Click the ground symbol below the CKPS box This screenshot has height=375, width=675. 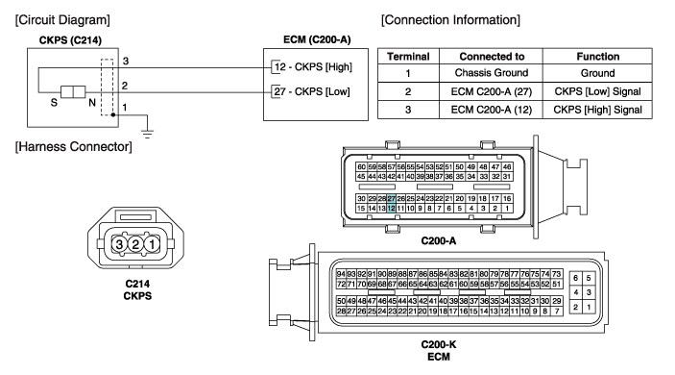coord(148,134)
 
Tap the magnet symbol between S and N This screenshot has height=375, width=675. coord(73,92)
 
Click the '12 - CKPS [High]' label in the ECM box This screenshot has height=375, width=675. coord(313,66)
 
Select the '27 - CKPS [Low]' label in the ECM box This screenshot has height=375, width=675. coord(312,91)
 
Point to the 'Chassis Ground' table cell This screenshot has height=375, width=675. coord(492,73)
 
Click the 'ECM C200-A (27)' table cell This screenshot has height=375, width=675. coord(492,91)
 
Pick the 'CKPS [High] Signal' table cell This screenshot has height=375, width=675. coord(597,110)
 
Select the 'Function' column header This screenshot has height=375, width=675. coord(597,57)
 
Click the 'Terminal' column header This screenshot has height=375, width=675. coord(408,57)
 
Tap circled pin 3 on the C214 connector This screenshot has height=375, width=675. coord(119,244)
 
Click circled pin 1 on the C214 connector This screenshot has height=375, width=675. coord(152,244)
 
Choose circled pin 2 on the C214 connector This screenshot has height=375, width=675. coord(135,244)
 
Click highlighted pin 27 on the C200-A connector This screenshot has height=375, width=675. coord(391,199)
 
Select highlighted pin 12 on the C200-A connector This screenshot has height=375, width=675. coord(391,209)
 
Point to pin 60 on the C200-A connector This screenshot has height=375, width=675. coord(362,166)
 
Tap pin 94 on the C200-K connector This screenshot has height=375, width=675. coord(341,274)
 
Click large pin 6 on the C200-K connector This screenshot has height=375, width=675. coord(575,278)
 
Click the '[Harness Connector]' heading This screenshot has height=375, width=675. coord(74,146)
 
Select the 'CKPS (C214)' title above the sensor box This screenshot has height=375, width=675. coord(70,40)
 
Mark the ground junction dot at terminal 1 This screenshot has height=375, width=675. coord(112,115)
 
